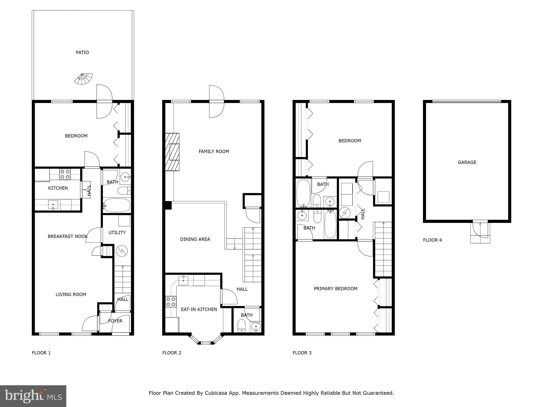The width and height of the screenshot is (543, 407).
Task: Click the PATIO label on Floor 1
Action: [82, 52]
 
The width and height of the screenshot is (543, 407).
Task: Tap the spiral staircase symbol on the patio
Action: [84, 79]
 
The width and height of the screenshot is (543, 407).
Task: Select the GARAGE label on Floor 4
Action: [467, 162]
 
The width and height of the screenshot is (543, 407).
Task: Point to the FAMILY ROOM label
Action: [214, 152]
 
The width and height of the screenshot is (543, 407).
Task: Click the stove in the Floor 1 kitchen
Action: [65, 174]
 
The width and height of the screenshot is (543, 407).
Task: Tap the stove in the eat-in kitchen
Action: [171, 302]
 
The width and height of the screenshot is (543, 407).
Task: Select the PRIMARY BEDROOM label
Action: [335, 289]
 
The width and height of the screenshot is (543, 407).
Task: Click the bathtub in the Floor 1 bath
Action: [117, 205]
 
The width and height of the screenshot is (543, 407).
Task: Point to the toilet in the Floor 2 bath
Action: [242, 326]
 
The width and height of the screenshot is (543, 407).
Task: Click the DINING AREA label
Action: [195, 239]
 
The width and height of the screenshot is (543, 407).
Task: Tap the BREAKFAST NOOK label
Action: [68, 236]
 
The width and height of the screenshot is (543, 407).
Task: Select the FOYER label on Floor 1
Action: [115, 321]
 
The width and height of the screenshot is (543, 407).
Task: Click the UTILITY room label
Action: [117, 233]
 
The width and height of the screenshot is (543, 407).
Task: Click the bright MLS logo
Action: [33, 396]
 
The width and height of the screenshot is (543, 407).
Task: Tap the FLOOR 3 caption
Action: [302, 353]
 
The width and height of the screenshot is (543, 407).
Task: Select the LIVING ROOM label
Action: [71, 294]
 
